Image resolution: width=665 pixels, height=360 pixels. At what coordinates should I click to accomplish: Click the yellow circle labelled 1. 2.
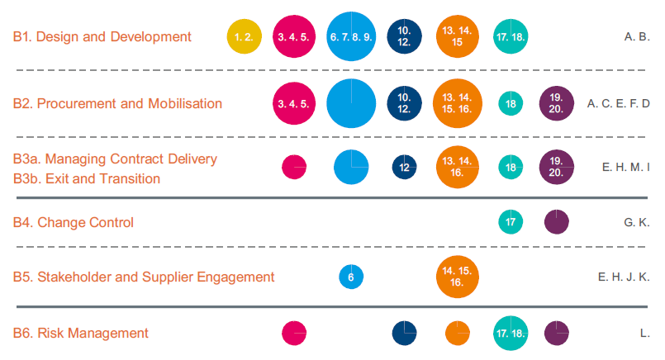(x=245, y=36)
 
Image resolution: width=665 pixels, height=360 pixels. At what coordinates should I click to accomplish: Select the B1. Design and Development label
(x=102, y=36)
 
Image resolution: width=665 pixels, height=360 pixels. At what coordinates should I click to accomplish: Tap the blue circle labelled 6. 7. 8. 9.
(x=352, y=36)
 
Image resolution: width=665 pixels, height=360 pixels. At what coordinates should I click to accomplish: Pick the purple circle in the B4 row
(x=557, y=221)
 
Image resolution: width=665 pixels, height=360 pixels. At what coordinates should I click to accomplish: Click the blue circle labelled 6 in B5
(x=351, y=277)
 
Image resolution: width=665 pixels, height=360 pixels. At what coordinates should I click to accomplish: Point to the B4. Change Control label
(x=74, y=222)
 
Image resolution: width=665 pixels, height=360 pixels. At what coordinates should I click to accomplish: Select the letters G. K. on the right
(x=636, y=222)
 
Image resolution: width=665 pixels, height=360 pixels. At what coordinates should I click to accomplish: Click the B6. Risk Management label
(x=81, y=333)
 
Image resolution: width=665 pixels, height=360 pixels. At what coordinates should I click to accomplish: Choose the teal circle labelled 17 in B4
(x=511, y=221)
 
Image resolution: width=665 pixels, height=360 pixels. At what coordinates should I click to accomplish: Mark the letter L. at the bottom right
(x=644, y=334)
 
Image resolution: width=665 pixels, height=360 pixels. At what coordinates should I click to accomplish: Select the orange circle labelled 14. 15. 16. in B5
(x=458, y=277)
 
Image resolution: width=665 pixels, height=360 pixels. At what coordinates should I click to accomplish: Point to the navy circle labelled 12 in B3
(x=404, y=167)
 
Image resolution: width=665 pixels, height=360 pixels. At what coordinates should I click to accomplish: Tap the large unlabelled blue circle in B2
(x=352, y=103)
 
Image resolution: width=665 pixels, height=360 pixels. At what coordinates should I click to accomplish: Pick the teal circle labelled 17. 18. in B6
(x=511, y=333)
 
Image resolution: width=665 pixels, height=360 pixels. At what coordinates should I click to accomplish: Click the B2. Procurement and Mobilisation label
(x=117, y=103)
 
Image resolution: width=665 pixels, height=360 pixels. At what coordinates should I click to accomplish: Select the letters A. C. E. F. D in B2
(x=619, y=104)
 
